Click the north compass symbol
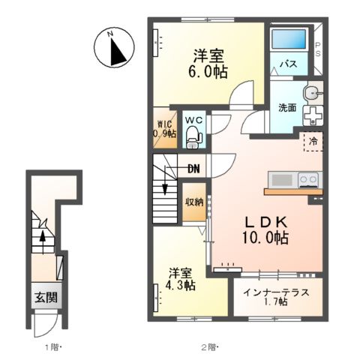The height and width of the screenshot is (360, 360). pyautogui.click(x=114, y=47)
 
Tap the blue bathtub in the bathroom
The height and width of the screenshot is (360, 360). pyautogui.click(x=289, y=39)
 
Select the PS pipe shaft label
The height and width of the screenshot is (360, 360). pyautogui.click(x=318, y=49)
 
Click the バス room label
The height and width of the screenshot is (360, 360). pyautogui.click(x=289, y=64)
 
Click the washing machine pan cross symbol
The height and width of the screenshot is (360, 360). pyautogui.click(x=313, y=115)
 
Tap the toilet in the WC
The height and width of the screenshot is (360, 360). pyautogui.click(x=193, y=137)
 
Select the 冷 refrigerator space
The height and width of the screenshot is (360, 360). pyautogui.click(x=313, y=142)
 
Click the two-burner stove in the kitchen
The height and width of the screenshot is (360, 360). pyautogui.click(x=308, y=179)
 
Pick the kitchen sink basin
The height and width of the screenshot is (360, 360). pyautogui.click(x=282, y=179)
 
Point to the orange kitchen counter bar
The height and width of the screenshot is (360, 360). pyautogui.click(x=293, y=192)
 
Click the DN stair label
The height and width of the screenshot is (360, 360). pyautogui.click(x=193, y=169)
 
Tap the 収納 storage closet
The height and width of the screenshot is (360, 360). pyautogui.click(x=194, y=202)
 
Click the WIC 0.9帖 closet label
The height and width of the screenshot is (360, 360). pyautogui.click(x=165, y=128)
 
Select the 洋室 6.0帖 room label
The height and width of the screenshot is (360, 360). pyautogui.click(x=208, y=64)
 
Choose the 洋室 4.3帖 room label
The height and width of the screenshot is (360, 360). pyautogui.click(x=180, y=280)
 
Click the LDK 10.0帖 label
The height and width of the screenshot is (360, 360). pyautogui.click(x=265, y=230)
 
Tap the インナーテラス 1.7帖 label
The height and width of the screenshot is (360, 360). pyautogui.click(x=277, y=297)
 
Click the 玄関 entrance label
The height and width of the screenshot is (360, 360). pyautogui.click(x=46, y=298)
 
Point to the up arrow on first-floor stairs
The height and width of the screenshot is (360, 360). pyautogui.click(x=43, y=241)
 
